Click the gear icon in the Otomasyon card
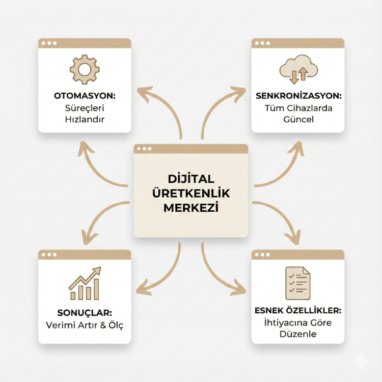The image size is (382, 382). click(x=85, y=69)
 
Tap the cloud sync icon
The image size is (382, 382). click(x=298, y=69)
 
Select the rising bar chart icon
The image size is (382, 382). click(x=85, y=283)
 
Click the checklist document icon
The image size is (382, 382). click(x=298, y=283)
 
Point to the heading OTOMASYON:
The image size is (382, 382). click(x=85, y=96)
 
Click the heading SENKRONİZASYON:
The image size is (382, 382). click(x=298, y=96)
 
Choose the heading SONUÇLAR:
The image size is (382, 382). click(x=85, y=313)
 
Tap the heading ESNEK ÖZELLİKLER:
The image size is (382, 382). click(x=298, y=310)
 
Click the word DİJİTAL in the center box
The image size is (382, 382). click(x=191, y=179)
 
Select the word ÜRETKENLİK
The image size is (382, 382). click(x=191, y=193)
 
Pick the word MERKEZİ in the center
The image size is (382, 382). click(x=191, y=207)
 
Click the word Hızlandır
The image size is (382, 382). click(x=85, y=119)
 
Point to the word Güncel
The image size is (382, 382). click(x=298, y=119)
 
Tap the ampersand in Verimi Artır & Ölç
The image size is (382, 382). click(x=103, y=325)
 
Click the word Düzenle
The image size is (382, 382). click(x=298, y=334)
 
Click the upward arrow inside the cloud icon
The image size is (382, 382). click(x=303, y=73)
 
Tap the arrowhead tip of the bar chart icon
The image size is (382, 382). click(x=100, y=267)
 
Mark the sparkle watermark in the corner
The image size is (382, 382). click(x=362, y=362)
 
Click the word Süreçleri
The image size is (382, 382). click(x=85, y=108)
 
